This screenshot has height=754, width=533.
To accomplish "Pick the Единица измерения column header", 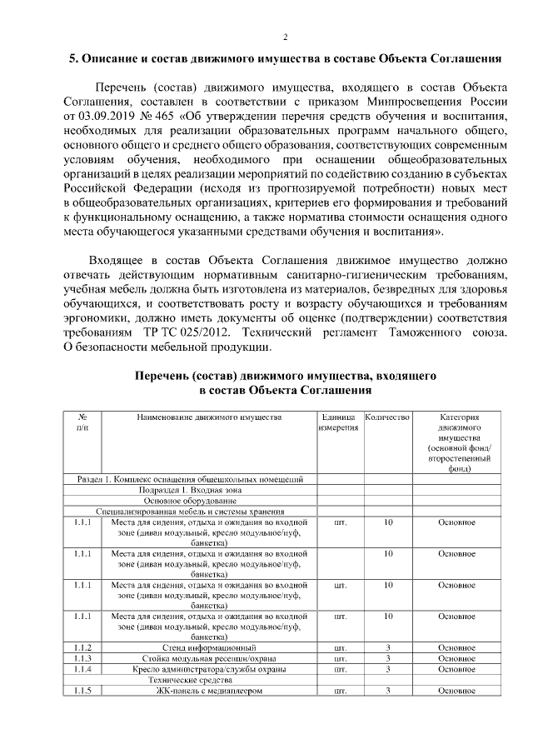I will (x=338, y=422).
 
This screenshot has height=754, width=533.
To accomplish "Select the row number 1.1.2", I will (x=82, y=647).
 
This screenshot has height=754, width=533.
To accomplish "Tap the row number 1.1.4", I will (x=82, y=669).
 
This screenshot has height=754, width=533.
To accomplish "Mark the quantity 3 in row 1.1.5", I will (x=388, y=691).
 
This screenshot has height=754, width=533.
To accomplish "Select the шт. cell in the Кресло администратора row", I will (x=339, y=669).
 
